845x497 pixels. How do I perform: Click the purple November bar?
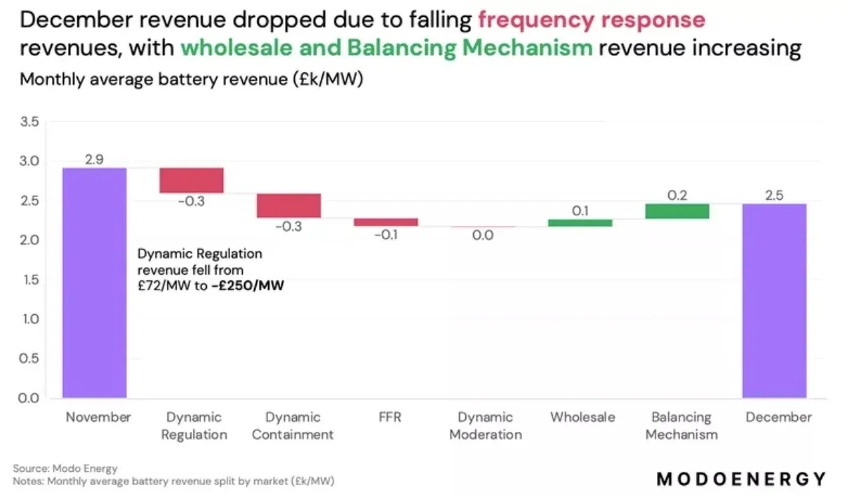tap(95, 282)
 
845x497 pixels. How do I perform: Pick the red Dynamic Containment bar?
tap(288, 205)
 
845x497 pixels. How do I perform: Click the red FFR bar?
tap(386, 222)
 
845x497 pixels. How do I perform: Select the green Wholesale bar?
tap(580, 222)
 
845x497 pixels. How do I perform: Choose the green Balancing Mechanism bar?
tap(677, 211)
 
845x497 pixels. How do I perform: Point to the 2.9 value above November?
tap(95, 159)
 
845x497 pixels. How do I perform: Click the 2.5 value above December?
tap(774, 196)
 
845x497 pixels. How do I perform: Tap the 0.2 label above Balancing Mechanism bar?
tap(677, 196)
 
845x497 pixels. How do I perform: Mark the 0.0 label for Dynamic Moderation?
tap(483, 236)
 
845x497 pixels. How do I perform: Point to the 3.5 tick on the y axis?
tap(29, 123)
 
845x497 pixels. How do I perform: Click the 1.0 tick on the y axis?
tap(29, 320)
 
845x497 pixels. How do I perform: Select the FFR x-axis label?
tap(386, 418)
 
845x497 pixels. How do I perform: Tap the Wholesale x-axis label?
tap(583, 418)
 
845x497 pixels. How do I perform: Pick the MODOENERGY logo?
tap(741, 479)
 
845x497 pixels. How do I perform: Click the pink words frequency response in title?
tap(591, 20)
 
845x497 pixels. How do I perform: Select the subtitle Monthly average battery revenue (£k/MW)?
tap(191, 79)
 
